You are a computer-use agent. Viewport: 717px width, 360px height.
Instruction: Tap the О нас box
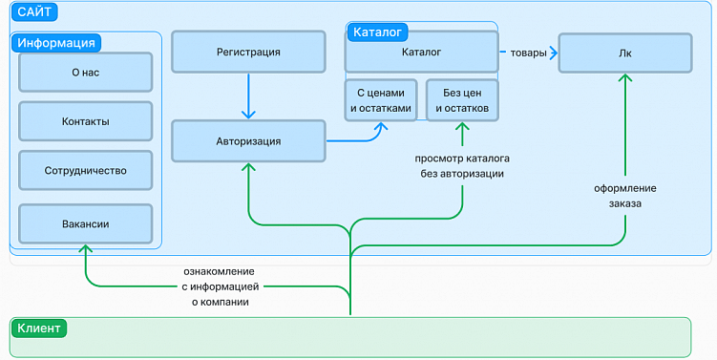[x=85, y=72]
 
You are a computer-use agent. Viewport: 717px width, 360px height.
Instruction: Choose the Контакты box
[x=85, y=121]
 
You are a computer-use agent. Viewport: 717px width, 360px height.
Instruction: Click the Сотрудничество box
[x=85, y=171]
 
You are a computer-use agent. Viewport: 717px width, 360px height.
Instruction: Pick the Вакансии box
[x=85, y=223]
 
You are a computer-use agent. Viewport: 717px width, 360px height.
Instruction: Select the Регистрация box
[x=248, y=53]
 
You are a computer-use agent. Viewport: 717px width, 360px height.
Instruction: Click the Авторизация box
[x=248, y=141]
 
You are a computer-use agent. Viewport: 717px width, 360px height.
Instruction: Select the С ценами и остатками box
[x=380, y=99]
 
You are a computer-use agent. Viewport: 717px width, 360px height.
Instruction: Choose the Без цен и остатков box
[x=462, y=99]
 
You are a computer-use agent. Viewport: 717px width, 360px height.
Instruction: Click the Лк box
[x=624, y=53]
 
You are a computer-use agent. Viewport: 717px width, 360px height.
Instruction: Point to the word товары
[x=528, y=53]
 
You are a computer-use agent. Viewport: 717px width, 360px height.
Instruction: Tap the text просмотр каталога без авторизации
[x=462, y=166]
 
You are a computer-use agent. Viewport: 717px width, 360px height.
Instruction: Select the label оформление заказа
[x=624, y=196]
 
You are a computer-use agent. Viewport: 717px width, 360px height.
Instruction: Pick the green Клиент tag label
[x=39, y=328]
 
